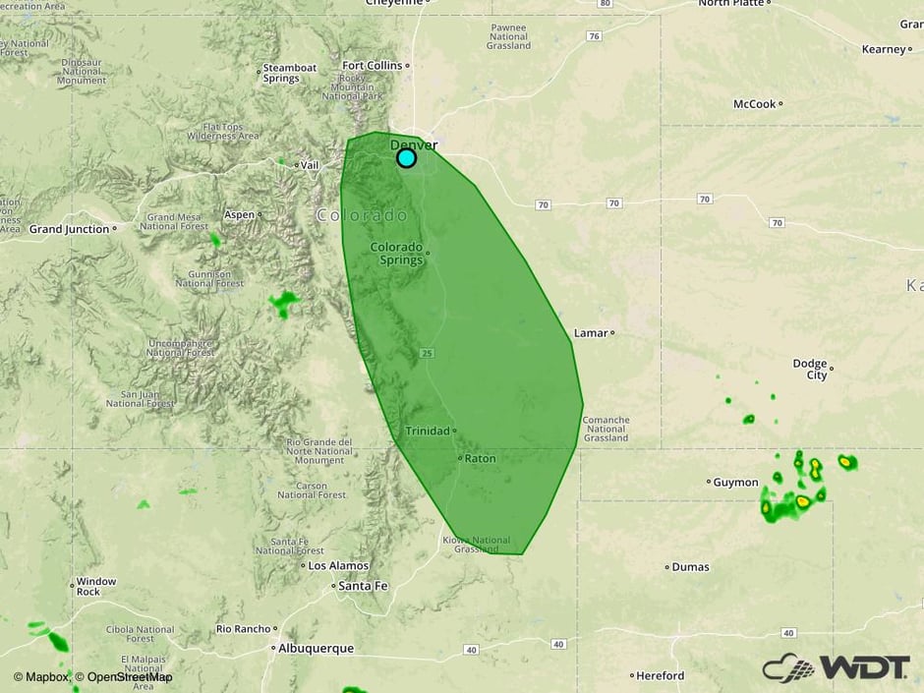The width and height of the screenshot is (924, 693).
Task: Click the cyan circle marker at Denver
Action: point(406,157)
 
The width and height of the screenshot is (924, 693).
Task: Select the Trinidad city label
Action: point(428,432)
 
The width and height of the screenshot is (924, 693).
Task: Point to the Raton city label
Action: point(480,459)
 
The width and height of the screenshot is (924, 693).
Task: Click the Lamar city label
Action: point(591,333)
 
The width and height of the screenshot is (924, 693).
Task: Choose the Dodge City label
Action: point(810,369)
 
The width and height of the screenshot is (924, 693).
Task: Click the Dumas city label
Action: point(692,567)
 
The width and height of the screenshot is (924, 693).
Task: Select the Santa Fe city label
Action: point(363,586)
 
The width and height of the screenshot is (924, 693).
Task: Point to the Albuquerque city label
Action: point(316,649)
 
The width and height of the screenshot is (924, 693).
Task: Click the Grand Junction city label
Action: point(69,229)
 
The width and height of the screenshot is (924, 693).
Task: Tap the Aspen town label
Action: point(240,214)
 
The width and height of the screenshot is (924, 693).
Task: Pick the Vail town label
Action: point(311,165)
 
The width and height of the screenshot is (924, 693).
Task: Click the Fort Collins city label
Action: point(372,66)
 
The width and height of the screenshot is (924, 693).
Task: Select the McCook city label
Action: point(755,104)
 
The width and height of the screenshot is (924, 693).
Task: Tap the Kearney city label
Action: point(883,49)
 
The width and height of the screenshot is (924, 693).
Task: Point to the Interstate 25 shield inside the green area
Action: point(426,353)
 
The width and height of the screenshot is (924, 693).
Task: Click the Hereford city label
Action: point(661,676)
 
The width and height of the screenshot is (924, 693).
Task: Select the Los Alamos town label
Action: point(338,566)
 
